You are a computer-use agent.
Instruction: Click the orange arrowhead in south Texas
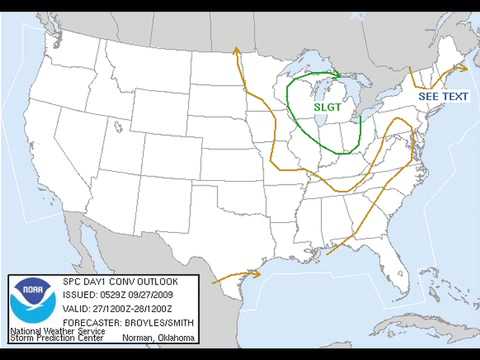click(256, 271)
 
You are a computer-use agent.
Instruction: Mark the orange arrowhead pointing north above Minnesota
click(235, 49)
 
